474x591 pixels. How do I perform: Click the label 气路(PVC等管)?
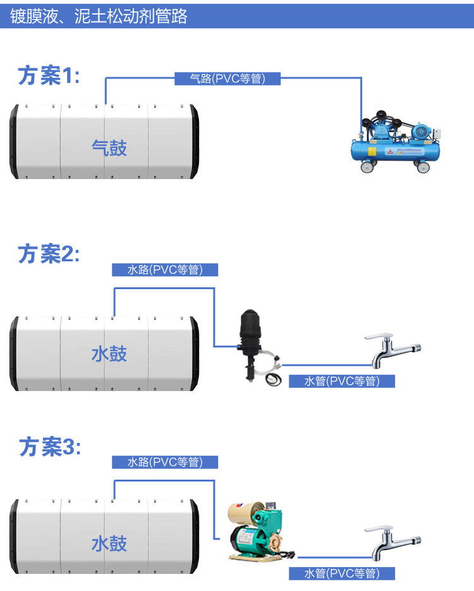227,78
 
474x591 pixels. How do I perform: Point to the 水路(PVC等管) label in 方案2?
165,270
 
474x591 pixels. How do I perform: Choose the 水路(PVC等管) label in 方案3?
165,462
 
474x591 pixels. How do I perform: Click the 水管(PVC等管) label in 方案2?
341,381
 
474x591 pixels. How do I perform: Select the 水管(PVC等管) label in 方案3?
341,573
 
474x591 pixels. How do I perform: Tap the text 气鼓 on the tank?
109,148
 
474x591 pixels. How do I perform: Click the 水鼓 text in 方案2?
109,353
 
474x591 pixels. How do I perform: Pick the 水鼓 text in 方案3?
109,544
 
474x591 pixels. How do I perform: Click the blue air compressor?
398,142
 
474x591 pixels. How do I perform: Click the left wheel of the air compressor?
366,167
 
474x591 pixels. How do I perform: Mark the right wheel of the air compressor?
422,168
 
